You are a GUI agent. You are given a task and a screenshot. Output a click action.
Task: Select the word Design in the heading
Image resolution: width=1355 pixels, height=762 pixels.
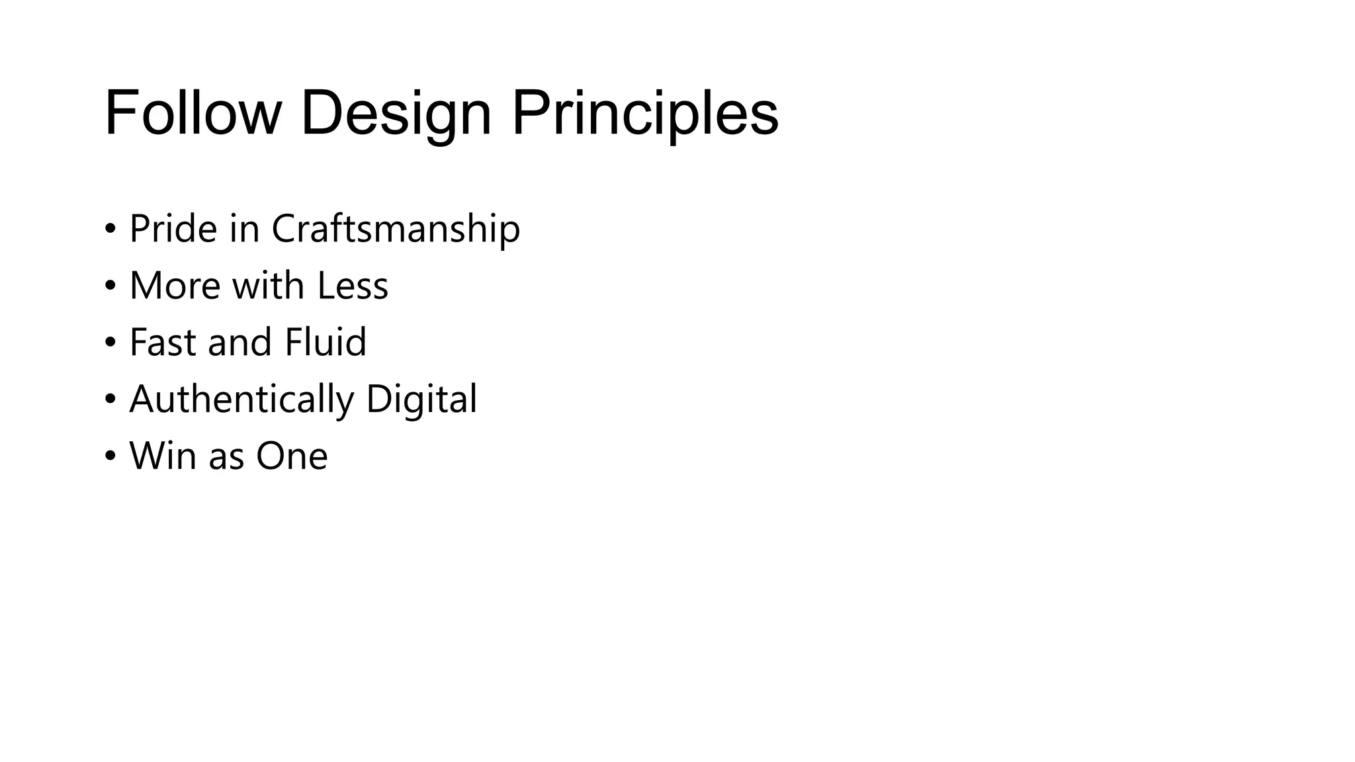click(x=396, y=113)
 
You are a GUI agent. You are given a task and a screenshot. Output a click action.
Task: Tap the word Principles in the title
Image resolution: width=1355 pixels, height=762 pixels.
click(x=645, y=113)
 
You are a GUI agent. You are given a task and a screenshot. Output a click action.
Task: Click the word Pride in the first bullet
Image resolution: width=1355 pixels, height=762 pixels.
click(x=173, y=229)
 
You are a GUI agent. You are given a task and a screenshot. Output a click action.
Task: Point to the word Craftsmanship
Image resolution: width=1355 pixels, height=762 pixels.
click(x=396, y=229)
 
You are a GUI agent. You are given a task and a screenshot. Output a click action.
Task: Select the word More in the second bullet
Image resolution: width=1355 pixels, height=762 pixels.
click(x=175, y=286)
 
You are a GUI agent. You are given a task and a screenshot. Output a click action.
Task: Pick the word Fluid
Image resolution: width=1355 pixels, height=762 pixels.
click(x=326, y=343)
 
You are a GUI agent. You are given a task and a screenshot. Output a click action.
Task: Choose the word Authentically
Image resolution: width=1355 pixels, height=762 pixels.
click(x=241, y=400)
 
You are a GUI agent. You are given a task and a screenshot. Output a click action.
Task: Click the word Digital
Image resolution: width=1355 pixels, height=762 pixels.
click(x=421, y=400)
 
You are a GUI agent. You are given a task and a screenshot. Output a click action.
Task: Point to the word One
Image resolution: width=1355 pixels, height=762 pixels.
click(x=292, y=456)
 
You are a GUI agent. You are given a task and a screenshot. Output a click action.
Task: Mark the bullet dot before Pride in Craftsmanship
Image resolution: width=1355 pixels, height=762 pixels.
click(x=110, y=230)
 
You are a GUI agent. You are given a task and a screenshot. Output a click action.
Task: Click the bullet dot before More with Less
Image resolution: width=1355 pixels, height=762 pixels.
click(x=110, y=286)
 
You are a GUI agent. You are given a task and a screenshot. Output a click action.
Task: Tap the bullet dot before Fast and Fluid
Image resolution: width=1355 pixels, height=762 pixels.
click(x=110, y=343)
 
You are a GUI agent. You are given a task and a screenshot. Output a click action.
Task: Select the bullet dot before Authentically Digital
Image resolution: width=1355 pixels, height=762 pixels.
click(x=110, y=400)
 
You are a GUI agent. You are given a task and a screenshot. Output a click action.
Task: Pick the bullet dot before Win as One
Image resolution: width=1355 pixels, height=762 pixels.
click(x=110, y=457)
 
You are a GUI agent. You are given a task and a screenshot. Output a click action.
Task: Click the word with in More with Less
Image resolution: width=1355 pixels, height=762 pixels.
click(x=268, y=286)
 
